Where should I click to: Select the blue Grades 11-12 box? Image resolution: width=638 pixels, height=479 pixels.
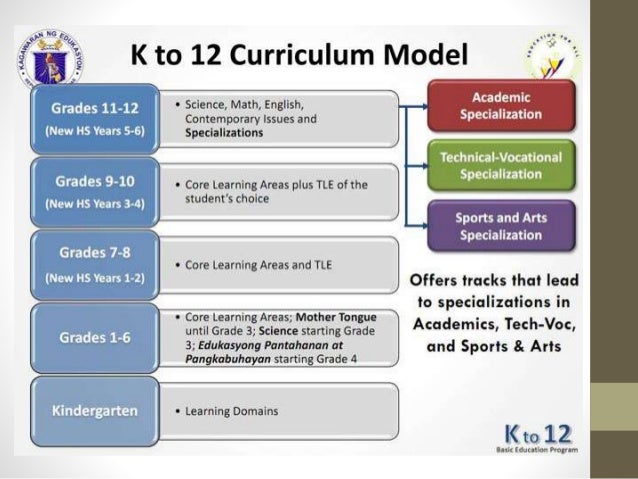[x=96, y=118]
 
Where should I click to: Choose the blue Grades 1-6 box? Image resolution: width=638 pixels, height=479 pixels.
[x=96, y=337]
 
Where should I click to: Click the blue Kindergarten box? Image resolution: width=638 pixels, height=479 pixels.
[x=96, y=411]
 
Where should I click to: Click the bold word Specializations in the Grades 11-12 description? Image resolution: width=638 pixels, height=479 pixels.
[x=224, y=132]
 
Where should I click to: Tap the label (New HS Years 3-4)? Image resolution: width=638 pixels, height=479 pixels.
[x=96, y=205]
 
